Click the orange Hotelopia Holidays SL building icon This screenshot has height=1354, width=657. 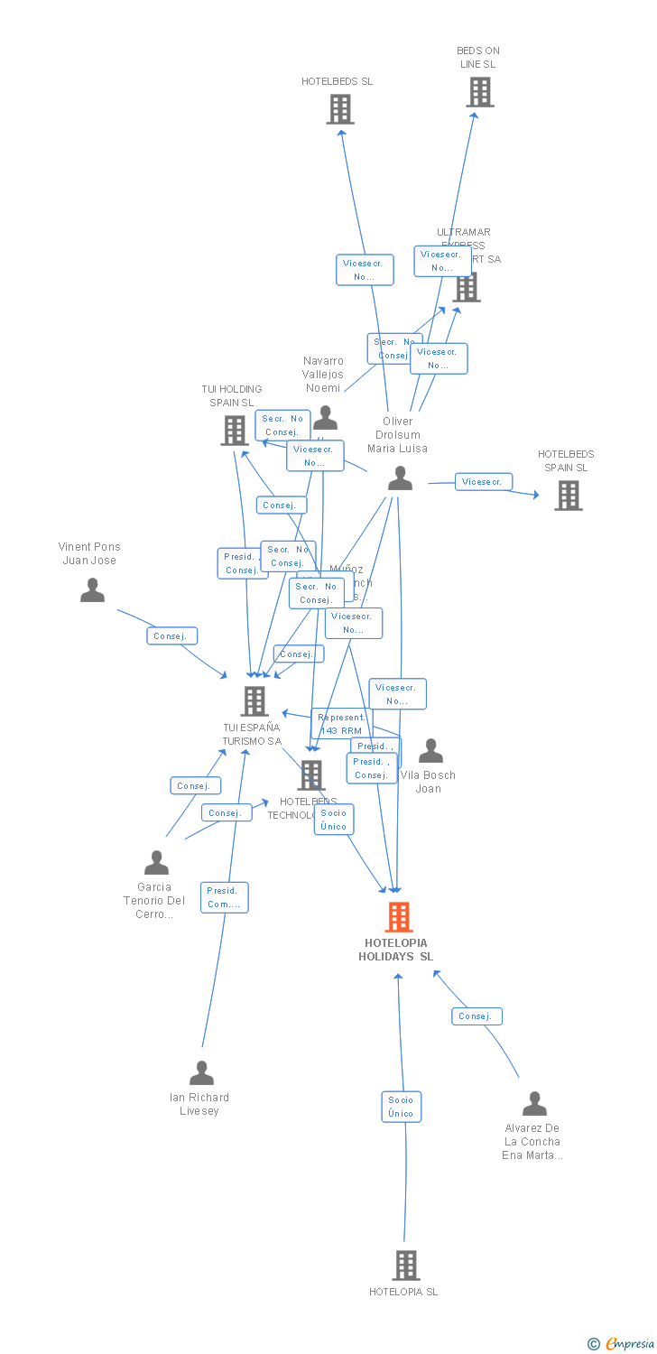(399, 917)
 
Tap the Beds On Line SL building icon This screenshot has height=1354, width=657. (479, 92)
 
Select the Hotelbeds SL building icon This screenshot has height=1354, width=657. (339, 109)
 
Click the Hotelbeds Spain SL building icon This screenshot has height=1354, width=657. (568, 496)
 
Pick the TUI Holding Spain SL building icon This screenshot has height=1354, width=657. (235, 431)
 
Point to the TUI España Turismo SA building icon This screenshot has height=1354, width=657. (254, 701)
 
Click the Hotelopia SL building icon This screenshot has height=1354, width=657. (405, 1266)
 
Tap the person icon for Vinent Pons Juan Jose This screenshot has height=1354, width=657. (92, 590)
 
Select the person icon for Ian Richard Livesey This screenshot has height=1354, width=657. (201, 1073)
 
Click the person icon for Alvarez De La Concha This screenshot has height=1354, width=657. (534, 1104)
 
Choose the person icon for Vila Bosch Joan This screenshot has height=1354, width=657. (430, 751)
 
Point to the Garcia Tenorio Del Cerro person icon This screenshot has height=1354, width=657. (156, 863)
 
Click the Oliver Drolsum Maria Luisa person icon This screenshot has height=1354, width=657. (400, 479)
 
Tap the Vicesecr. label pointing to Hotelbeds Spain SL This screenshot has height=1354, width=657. (484, 482)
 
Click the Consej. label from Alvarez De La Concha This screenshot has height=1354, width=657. (477, 1016)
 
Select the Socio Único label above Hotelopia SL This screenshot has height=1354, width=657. (401, 1107)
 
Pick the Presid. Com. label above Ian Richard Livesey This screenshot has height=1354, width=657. (224, 897)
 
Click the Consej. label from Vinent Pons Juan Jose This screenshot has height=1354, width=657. (171, 636)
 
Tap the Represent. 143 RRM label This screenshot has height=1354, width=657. (340, 724)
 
